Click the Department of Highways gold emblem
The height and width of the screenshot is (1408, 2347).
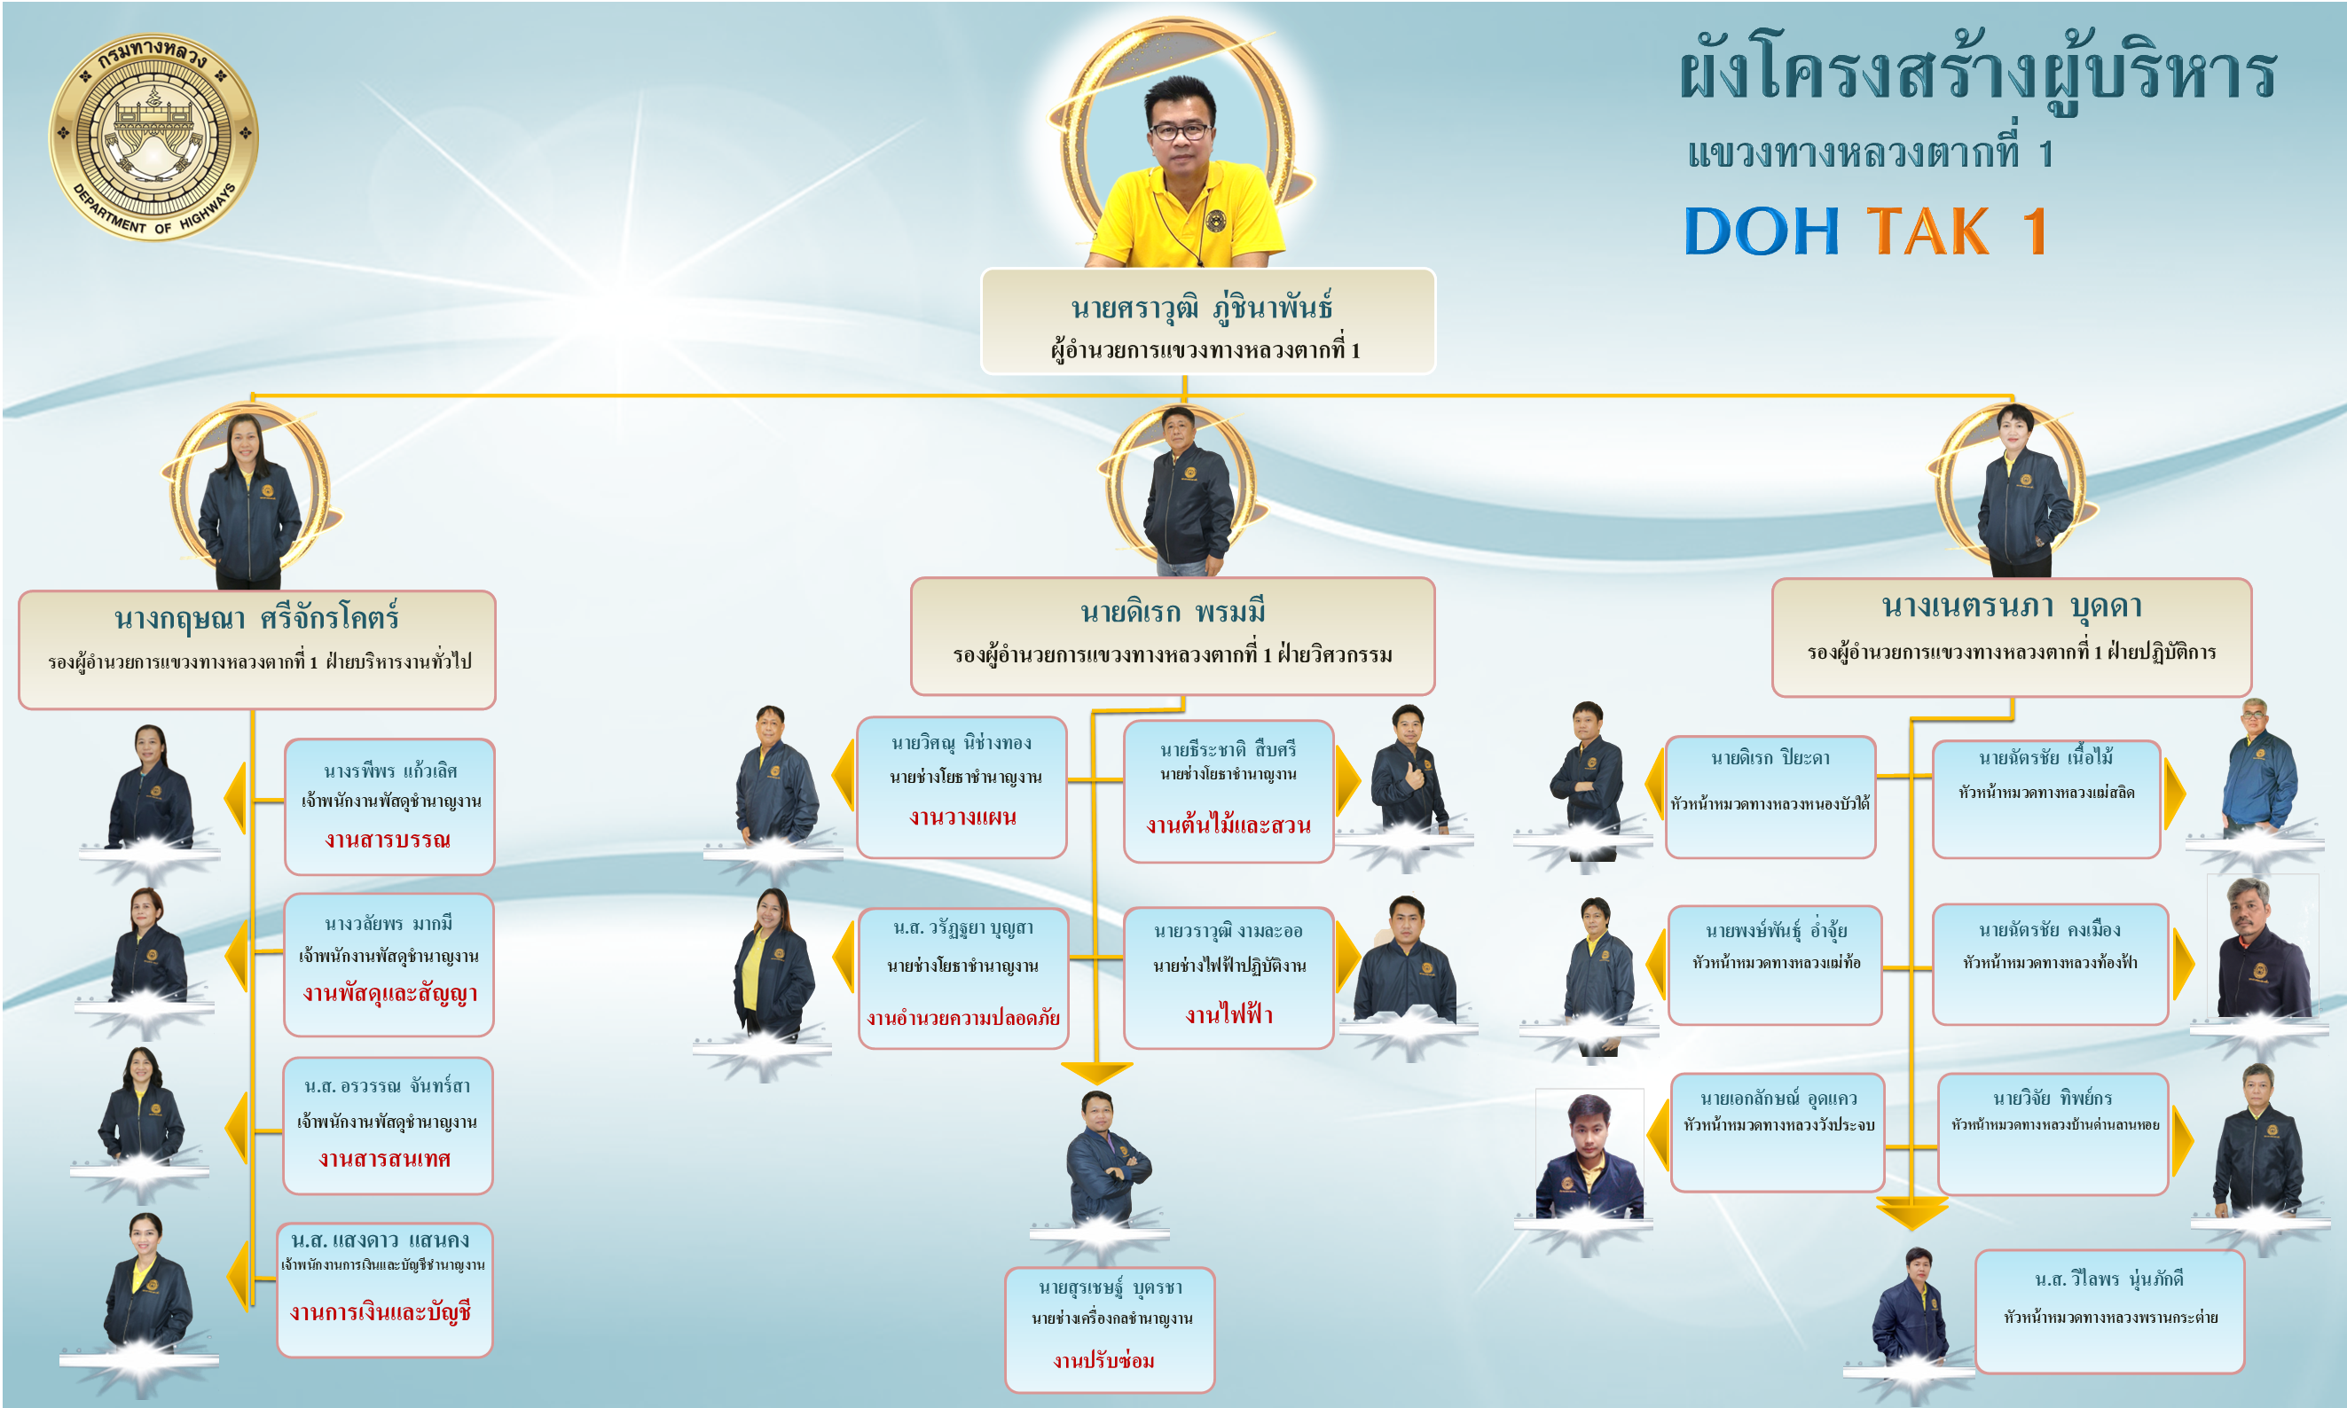[153, 136]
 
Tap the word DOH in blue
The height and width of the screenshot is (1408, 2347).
[1762, 231]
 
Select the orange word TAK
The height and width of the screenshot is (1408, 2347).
[1927, 231]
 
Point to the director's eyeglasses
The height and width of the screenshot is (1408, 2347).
[1180, 131]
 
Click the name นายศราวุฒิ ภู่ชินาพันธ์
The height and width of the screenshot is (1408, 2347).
[1202, 308]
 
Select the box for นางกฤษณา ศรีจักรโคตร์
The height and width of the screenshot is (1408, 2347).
[257, 649]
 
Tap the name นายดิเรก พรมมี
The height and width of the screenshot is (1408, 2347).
[1172, 612]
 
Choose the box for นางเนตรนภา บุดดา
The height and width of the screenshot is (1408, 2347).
[2011, 637]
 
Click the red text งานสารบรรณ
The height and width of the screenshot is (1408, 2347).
[388, 840]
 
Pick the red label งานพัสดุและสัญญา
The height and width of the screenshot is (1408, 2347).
[390, 993]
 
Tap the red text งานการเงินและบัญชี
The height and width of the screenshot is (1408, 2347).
[381, 1312]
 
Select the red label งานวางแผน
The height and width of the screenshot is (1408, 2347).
[962, 817]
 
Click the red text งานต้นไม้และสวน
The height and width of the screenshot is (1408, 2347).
[1228, 825]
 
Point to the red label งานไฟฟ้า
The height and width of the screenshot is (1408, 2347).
[1229, 1014]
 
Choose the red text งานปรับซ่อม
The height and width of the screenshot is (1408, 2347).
[1103, 1360]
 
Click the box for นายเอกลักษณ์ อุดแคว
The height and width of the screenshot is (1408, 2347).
[1778, 1132]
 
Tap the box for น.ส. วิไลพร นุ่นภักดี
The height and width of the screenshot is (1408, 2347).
[2108, 1311]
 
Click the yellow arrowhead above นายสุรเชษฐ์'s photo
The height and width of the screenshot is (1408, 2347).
[1096, 1073]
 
